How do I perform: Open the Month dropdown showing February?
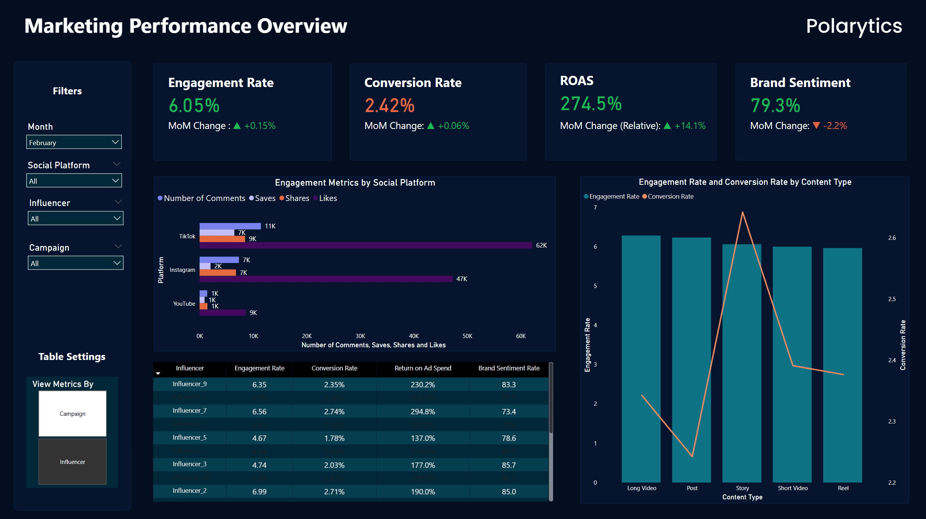[74, 142]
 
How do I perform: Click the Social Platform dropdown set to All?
[74, 181]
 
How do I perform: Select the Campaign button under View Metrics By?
[72, 414]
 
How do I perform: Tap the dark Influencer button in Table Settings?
[72, 462]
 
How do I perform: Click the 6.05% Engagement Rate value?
[194, 105]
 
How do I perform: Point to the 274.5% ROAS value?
[591, 104]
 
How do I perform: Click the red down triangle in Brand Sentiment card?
[816, 126]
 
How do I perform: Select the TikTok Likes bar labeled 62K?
[366, 245]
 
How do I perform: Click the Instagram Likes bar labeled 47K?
[326, 279]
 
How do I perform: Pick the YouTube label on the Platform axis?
[184, 304]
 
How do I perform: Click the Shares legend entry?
[294, 198]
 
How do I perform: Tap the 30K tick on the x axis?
[360, 336]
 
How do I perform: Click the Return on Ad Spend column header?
[423, 368]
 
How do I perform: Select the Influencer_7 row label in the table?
[189, 410]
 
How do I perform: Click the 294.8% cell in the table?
[423, 412]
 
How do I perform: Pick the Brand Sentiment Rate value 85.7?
[508, 465]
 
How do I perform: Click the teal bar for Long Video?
[641, 358]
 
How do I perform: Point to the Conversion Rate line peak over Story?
[742, 213]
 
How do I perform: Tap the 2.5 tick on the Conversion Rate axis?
[892, 299]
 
